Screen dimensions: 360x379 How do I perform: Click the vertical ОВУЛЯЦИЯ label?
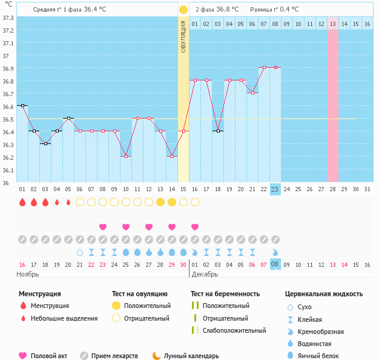[x=183, y=36]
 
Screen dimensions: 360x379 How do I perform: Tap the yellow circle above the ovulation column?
[x=183, y=10]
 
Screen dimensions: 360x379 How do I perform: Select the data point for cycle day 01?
[x=22, y=105]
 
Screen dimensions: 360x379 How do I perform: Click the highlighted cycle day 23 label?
[x=275, y=189]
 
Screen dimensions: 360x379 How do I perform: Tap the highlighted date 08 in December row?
[x=275, y=264]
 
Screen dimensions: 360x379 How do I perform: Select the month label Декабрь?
[x=206, y=274]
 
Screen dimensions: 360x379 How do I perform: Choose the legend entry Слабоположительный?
[x=234, y=330]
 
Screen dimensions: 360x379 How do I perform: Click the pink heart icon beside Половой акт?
[x=23, y=356]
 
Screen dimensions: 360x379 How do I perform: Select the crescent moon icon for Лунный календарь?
[x=157, y=356]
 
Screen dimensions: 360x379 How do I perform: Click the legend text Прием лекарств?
[x=114, y=356]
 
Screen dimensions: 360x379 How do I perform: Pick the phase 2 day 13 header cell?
[x=333, y=24]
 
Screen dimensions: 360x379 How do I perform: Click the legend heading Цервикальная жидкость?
[x=324, y=294]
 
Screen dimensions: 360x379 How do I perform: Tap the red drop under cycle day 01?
[x=22, y=202]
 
